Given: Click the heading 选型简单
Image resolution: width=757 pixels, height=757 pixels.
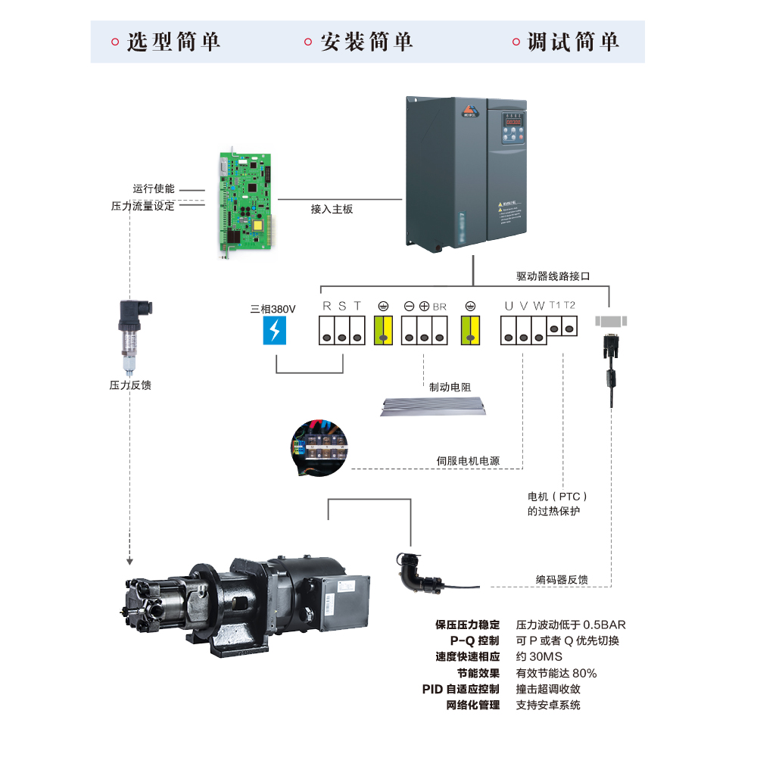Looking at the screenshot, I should (x=173, y=42).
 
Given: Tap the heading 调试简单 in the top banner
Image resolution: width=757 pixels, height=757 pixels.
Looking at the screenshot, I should (x=573, y=42).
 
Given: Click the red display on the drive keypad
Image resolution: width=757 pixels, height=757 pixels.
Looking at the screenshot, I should (x=514, y=121).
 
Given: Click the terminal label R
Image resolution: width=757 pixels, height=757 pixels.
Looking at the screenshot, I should (x=327, y=307).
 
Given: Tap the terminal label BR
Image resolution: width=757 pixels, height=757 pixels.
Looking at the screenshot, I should (x=440, y=307).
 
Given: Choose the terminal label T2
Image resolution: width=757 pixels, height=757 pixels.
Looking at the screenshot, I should (x=570, y=305).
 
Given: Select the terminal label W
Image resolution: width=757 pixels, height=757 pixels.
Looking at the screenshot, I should (x=539, y=307).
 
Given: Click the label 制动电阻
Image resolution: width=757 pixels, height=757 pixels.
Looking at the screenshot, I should (x=450, y=387).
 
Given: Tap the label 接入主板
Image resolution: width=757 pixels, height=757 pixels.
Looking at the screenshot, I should (x=332, y=209).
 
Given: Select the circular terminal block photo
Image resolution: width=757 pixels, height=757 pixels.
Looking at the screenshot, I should (x=319, y=447).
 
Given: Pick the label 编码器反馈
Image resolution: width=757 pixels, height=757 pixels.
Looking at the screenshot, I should (x=562, y=581).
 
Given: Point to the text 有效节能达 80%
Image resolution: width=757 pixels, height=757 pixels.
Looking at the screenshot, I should (x=556, y=673).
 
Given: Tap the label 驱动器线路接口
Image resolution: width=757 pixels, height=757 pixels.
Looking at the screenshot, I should (x=553, y=277).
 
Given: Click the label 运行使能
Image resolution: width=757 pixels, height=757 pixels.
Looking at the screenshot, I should (x=154, y=189).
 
